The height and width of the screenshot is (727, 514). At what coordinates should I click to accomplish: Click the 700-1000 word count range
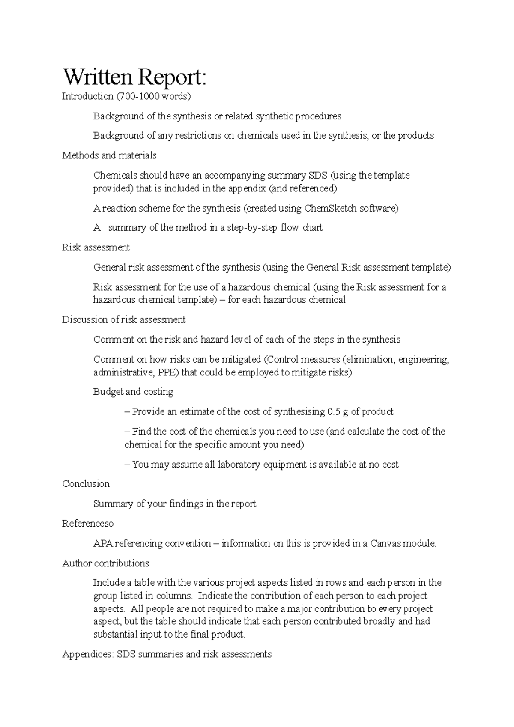pos(138,96)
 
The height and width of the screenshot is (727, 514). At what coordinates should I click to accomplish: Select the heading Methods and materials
pos(109,155)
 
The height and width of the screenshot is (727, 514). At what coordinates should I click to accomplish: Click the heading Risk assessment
pos(96,247)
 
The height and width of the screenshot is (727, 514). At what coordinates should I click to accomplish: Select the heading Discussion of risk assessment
pos(124,320)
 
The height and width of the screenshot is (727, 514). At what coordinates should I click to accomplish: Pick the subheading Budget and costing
pos(133,392)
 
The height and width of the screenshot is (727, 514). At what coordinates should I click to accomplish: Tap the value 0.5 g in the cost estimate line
pos(337,412)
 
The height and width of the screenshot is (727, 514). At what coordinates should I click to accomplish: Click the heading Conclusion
pos(86,484)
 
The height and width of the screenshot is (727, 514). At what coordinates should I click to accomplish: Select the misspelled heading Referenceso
pos(88,524)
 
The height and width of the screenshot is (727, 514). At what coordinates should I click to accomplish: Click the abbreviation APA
pos(103,544)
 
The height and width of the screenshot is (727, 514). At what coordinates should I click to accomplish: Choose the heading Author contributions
pos(105,563)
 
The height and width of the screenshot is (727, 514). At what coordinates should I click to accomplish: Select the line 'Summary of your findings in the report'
pos(174,504)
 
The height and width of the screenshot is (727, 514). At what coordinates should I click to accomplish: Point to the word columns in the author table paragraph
pos(176,596)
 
